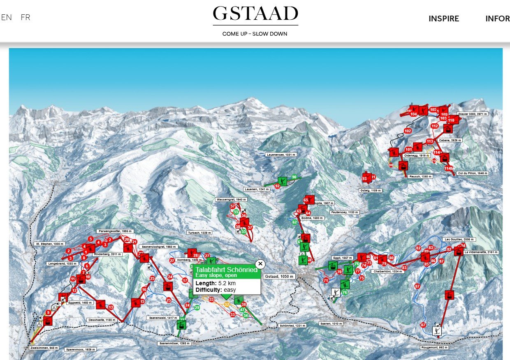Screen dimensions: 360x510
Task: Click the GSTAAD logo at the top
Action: click(255, 14)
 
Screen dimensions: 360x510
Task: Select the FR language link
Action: click(25, 17)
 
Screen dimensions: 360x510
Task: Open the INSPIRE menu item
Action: click(444, 18)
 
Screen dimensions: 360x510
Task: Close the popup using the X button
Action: click(261, 264)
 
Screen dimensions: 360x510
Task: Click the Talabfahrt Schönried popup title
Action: click(226, 270)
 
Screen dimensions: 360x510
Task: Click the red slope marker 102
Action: click(408, 131)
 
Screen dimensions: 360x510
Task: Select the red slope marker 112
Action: click(435, 126)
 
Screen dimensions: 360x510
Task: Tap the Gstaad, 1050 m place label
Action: click(279, 277)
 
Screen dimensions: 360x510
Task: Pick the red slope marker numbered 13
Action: click(110, 307)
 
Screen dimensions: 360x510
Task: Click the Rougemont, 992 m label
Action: click(434, 348)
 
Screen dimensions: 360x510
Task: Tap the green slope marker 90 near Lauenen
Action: click(294, 177)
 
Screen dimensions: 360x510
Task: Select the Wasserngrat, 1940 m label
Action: click(231, 199)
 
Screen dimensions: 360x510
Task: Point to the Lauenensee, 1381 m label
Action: click(280, 155)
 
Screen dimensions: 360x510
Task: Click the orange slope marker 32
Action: click(227, 305)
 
